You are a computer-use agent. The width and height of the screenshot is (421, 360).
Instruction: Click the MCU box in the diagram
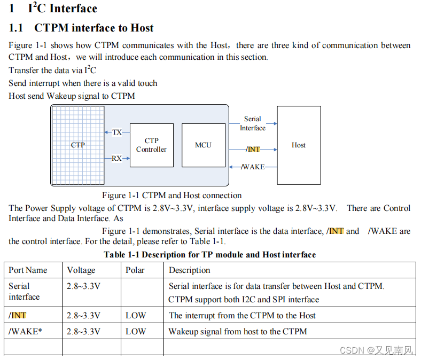pyautogui.click(x=203, y=145)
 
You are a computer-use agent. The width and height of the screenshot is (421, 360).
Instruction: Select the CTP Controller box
pyautogui.click(x=151, y=145)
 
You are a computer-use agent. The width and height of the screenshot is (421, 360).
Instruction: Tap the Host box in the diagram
pyautogui.click(x=299, y=145)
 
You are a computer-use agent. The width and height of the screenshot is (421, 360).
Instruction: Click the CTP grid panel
pyautogui.click(x=78, y=145)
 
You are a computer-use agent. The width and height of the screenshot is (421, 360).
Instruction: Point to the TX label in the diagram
pyautogui.click(x=117, y=132)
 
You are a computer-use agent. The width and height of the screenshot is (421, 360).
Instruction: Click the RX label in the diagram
pyautogui.click(x=117, y=158)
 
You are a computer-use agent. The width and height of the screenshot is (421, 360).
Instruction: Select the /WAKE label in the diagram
pyautogui.click(x=253, y=167)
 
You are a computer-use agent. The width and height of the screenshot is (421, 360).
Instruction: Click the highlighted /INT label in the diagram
pyautogui.click(x=253, y=150)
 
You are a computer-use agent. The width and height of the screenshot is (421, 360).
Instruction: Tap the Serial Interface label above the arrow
pyautogui.click(x=253, y=123)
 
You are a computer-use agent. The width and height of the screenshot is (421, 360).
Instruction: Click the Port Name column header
pyautogui.click(x=28, y=270)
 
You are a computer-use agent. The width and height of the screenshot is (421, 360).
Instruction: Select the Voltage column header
pyautogui.click(x=81, y=270)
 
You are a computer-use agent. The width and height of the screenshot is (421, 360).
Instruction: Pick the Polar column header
pyautogui.click(x=135, y=270)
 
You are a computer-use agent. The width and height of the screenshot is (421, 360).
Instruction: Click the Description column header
pyautogui.click(x=190, y=270)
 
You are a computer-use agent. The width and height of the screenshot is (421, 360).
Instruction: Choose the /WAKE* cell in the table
pyautogui.click(x=25, y=331)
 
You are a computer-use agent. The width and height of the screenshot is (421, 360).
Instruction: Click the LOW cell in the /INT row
pyautogui.click(x=136, y=315)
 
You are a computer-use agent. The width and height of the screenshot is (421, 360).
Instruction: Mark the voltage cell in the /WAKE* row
pyautogui.click(x=83, y=331)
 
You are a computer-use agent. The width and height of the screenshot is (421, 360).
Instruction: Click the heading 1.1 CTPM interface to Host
pyautogui.click(x=81, y=28)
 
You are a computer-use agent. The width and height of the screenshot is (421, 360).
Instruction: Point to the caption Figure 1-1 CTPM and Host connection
pyautogui.click(x=171, y=195)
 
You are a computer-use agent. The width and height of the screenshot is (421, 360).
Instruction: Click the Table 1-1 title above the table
pyautogui.click(x=209, y=255)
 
